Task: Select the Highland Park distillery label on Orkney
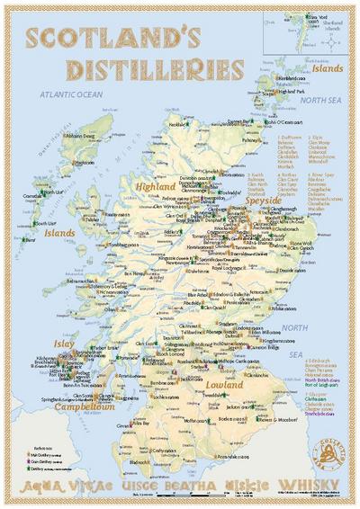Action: pyautogui.click(x=292, y=92)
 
